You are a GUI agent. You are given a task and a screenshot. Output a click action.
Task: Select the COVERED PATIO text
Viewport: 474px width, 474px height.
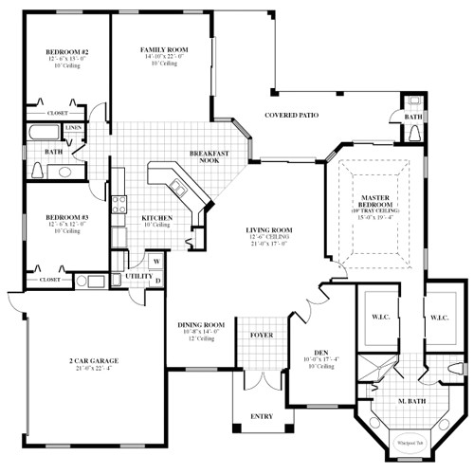coord(291,116)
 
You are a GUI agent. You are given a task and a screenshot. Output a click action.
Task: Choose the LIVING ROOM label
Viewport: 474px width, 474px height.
coord(268,230)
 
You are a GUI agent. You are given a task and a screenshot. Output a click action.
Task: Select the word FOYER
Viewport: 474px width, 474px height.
coord(261,336)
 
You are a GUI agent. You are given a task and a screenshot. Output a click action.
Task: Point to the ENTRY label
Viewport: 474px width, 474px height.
coord(261,415)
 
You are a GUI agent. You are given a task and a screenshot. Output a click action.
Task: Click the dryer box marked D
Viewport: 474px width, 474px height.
coord(155,281)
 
